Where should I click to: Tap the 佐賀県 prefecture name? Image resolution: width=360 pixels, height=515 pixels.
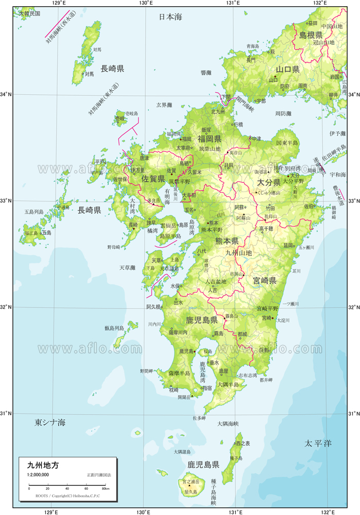click(x=153, y=179)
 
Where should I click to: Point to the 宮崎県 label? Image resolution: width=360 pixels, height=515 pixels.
click(x=265, y=281)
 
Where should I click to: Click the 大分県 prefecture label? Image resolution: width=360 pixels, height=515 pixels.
click(x=268, y=182)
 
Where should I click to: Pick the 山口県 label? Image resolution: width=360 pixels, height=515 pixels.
click(x=287, y=69)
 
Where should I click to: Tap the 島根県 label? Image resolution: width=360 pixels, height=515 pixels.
click(x=311, y=35)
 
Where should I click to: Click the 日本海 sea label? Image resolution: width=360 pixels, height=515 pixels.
click(x=170, y=17)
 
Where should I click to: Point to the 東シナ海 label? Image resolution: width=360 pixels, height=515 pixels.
click(x=50, y=423)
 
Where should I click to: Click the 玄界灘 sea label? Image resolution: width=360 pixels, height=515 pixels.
click(x=164, y=105)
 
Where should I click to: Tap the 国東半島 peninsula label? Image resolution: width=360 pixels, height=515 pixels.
click(x=287, y=143)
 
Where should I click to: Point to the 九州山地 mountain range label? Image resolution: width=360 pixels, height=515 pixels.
click(x=239, y=253)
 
